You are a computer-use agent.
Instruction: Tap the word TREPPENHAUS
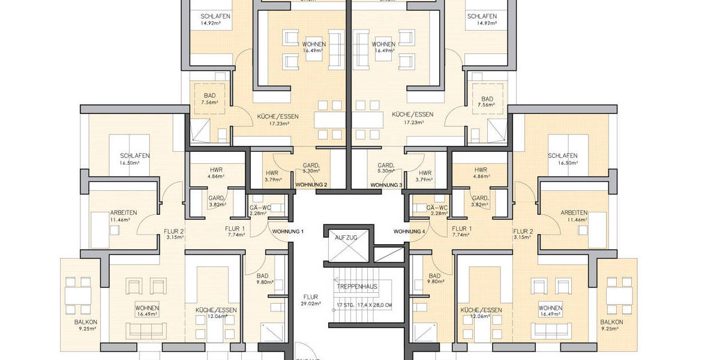(x=357, y=286)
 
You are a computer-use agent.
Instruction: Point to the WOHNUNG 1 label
(x=288, y=232)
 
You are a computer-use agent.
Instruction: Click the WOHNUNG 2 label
(x=311, y=185)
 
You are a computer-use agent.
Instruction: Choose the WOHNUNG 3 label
(x=386, y=185)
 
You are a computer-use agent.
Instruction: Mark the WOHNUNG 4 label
(x=409, y=232)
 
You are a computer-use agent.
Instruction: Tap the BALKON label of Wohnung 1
(x=86, y=322)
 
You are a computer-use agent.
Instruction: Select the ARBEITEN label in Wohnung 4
(x=574, y=213)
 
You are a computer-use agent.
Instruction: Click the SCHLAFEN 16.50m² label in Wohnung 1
(x=135, y=156)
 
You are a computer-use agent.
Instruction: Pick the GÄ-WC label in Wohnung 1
(x=260, y=208)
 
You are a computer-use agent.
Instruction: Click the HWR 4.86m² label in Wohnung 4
(x=480, y=170)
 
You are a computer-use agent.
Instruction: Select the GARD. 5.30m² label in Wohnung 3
(x=386, y=166)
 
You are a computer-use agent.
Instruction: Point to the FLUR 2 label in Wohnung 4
(x=523, y=231)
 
